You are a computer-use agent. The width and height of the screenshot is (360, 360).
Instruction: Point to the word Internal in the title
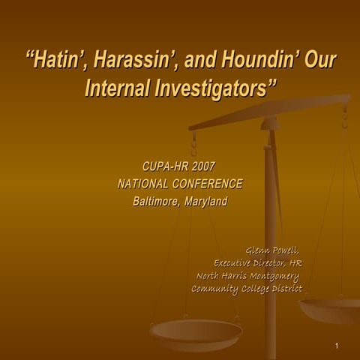122,88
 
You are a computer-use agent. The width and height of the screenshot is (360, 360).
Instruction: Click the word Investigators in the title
217,88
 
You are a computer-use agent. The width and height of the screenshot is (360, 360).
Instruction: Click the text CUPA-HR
164,166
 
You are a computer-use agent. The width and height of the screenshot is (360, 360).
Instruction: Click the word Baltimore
155,201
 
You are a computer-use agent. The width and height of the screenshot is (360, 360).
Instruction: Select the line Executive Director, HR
258,263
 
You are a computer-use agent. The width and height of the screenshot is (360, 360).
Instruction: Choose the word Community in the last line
214,289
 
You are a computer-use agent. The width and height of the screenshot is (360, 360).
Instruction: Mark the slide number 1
338,346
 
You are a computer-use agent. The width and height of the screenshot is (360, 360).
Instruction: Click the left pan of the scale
196,331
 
